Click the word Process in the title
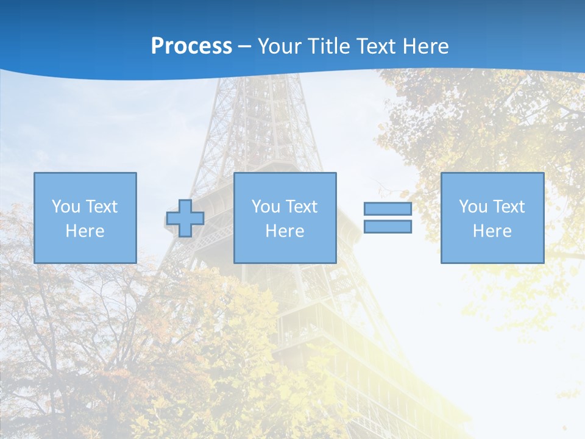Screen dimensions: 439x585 [191, 46]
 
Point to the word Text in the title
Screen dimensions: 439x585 [374, 46]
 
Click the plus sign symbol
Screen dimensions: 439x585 [185, 218]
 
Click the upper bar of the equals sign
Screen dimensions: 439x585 [388, 209]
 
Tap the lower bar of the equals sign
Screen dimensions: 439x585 [388, 227]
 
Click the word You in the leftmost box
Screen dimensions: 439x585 [66, 207]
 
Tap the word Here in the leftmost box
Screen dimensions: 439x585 [85, 231]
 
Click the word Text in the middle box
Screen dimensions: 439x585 [302, 207]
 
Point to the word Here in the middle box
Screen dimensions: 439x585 [285, 231]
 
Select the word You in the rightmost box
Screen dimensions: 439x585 [473, 207]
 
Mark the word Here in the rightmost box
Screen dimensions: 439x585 [492, 231]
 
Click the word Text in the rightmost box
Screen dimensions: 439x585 [509, 207]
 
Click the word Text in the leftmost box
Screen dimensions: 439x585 [102, 207]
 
